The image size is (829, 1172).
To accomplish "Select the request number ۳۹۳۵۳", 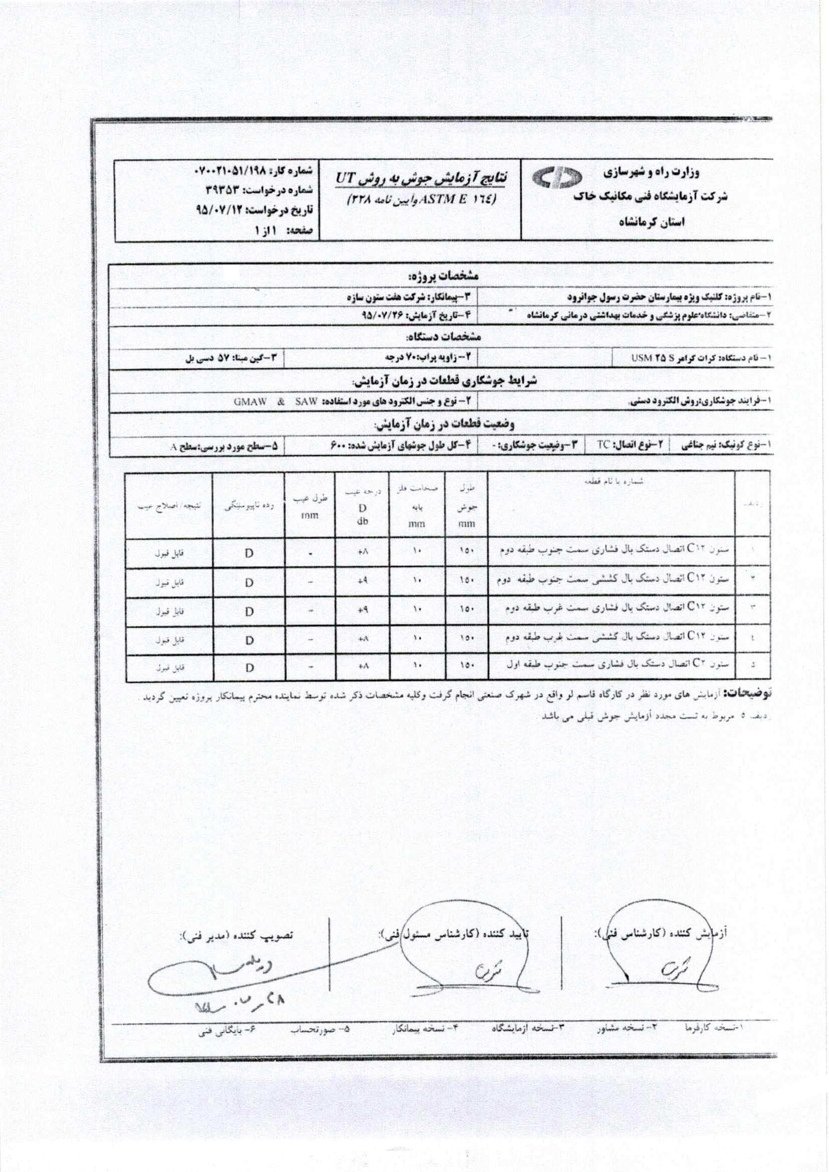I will [x=220, y=189].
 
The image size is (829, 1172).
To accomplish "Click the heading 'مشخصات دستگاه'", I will [x=443, y=337].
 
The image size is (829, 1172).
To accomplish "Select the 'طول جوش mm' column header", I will [x=467, y=505].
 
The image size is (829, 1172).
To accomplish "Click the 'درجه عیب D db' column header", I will [x=362, y=505].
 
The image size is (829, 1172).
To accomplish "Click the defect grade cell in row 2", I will [x=362, y=582].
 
